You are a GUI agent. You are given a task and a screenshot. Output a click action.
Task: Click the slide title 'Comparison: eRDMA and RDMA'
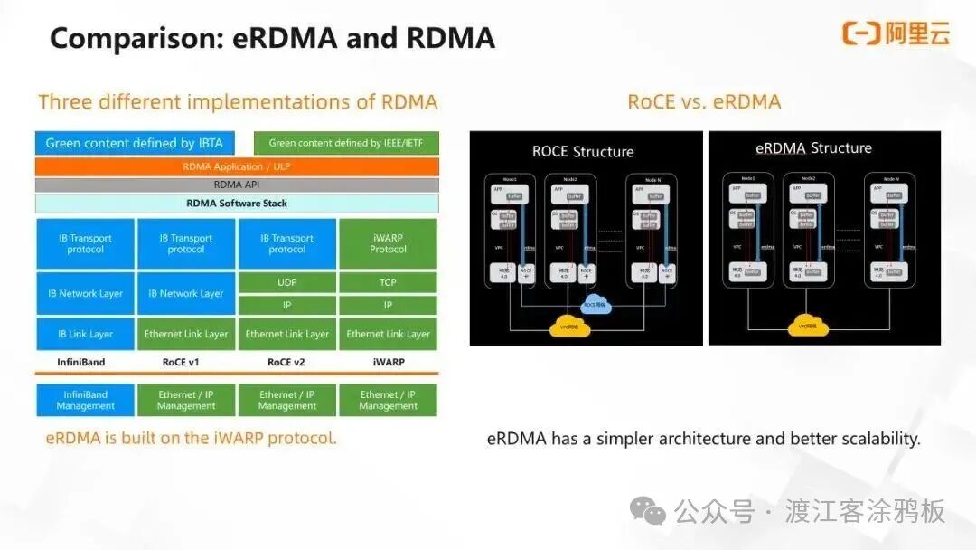click(272, 38)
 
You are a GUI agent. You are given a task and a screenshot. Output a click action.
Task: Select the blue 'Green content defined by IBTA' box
click(135, 143)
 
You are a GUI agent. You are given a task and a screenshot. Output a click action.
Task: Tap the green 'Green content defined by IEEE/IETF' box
click(346, 143)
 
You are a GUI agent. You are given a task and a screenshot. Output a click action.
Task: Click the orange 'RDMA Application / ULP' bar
click(237, 166)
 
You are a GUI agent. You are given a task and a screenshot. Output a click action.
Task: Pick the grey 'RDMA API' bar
click(237, 185)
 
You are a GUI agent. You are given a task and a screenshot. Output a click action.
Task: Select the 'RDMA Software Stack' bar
click(237, 204)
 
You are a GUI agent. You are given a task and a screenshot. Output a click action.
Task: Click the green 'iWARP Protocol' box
click(388, 243)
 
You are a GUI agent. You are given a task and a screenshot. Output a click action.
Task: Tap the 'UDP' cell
click(286, 282)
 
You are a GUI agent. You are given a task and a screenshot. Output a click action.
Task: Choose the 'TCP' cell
click(388, 282)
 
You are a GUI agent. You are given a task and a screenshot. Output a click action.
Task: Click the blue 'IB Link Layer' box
click(85, 334)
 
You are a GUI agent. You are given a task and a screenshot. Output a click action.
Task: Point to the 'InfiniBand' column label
click(81, 362)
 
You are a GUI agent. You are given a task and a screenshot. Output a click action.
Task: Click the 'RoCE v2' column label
click(286, 362)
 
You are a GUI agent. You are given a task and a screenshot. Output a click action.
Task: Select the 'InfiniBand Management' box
click(85, 400)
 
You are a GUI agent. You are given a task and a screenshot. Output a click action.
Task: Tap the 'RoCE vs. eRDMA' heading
click(704, 101)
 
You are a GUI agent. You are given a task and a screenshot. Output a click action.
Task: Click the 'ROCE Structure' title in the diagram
click(583, 151)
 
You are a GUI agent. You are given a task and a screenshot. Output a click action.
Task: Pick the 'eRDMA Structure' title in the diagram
click(813, 147)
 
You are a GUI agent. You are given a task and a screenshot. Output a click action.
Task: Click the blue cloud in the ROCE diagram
click(596, 305)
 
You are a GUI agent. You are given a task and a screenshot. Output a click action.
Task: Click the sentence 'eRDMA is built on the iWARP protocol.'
click(192, 438)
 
